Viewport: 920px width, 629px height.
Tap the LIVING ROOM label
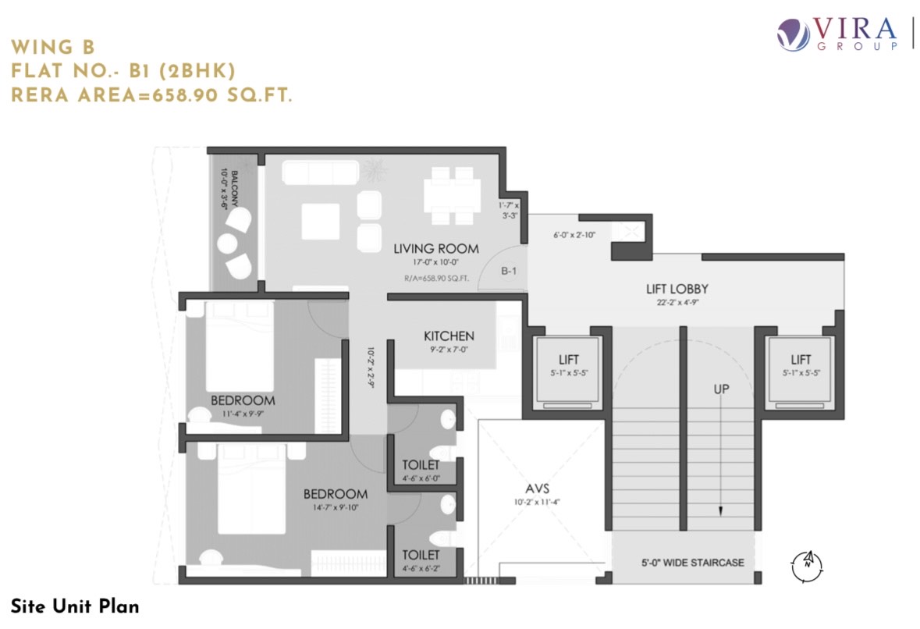(436, 249)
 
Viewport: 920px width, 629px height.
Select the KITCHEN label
(449, 336)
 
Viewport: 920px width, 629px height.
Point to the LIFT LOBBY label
(677, 289)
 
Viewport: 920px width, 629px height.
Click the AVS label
(537, 489)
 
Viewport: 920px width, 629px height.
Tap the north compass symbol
(807, 567)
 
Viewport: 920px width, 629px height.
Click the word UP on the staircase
(721, 389)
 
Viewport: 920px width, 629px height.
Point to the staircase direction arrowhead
(720, 511)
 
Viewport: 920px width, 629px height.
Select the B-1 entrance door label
(509, 271)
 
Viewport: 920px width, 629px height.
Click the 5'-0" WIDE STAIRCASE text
(692, 563)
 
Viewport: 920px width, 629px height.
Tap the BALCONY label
(234, 188)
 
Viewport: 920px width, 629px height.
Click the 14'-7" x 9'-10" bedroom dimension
(335, 507)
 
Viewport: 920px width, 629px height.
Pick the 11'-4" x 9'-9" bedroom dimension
(243, 414)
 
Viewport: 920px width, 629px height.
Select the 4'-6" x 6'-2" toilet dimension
(421, 569)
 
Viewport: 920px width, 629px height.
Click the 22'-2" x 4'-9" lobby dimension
(677, 303)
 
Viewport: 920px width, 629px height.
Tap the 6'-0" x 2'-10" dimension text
(574, 235)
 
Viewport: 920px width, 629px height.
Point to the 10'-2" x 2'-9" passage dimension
(371, 368)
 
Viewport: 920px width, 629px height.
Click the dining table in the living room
(453, 195)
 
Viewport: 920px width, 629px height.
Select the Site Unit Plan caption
(75, 606)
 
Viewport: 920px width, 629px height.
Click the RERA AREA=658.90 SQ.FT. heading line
(151, 95)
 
